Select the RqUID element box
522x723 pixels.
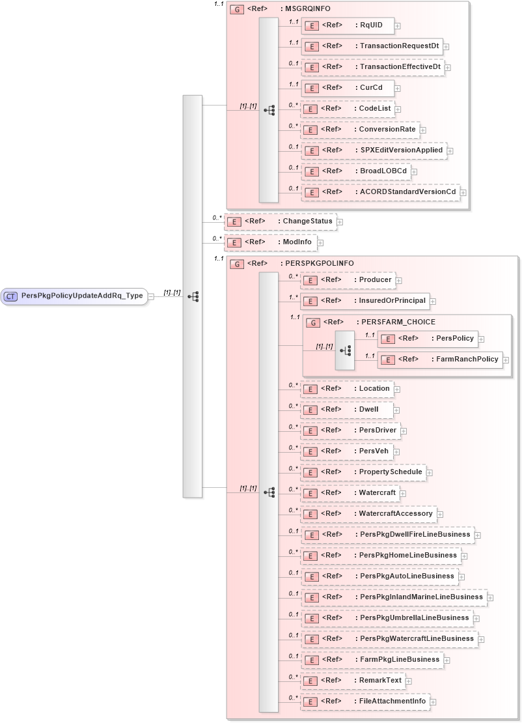click(x=348, y=25)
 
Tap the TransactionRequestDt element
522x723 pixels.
click(x=371, y=46)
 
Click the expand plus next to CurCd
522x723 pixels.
click(x=398, y=89)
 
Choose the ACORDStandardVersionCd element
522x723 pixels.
click(x=380, y=192)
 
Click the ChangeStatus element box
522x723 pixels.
click(x=280, y=221)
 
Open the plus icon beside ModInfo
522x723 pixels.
click(x=320, y=243)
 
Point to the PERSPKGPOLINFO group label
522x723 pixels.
click(x=316, y=264)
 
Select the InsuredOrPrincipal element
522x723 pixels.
click(x=364, y=301)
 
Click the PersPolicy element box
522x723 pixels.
click(x=429, y=339)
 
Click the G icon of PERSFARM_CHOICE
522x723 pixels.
click(x=313, y=322)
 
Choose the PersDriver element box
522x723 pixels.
click(x=350, y=431)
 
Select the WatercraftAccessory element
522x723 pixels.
click(x=368, y=514)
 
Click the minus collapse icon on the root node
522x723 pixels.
click(x=151, y=296)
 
